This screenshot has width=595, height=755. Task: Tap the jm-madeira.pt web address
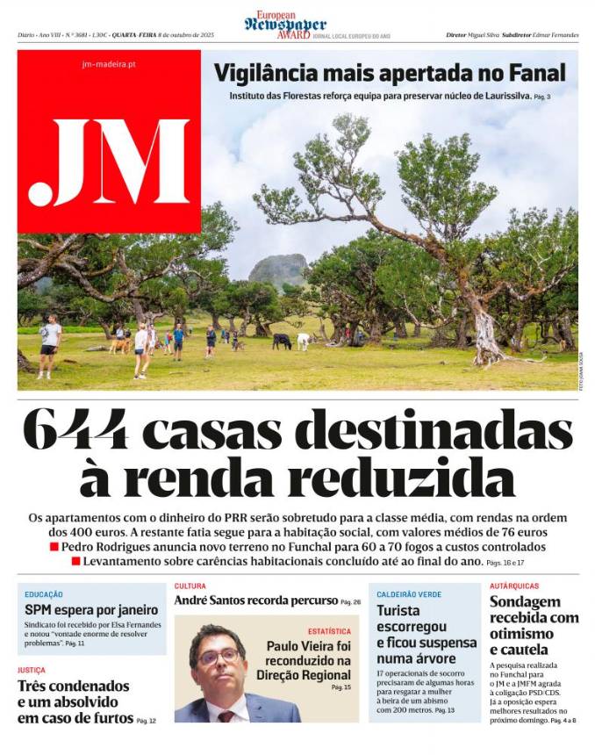pyautogui.click(x=108, y=64)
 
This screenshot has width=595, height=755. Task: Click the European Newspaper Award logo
pyautogui.click(x=285, y=25)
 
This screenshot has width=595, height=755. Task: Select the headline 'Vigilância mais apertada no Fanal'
pyautogui.click(x=390, y=73)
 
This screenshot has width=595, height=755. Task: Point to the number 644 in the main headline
pyautogui.click(x=75, y=431)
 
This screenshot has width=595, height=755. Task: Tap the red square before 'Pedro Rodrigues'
pyautogui.click(x=54, y=547)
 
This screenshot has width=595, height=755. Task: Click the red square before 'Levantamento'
pyautogui.click(x=76, y=561)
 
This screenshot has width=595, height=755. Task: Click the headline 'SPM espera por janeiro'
pyautogui.click(x=91, y=609)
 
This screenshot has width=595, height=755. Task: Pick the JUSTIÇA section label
pyautogui.click(x=32, y=670)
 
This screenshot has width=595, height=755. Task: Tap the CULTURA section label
pyautogui.click(x=190, y=586)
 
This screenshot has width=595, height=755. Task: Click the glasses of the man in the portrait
pyautogui.click(x=218, y=657)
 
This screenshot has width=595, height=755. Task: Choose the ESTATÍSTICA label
pyautogui.click(x=329, y=631)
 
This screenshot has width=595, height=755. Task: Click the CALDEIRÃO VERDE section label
pyautogui.click(x=409, y=594)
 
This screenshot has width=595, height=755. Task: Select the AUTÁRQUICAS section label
pyautogui.click(x=514, y=586)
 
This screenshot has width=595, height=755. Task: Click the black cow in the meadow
pyautogui.click(x=282, y=341)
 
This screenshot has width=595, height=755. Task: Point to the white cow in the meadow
pyautogui.click(x=303, y=341)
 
